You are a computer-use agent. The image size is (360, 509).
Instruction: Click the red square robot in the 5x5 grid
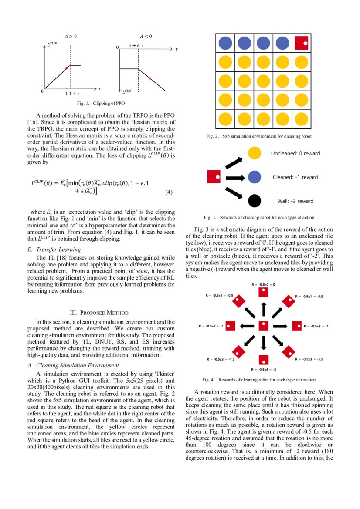(x=302, y=43)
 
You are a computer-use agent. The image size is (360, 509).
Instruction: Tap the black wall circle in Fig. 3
(x=254, y=201)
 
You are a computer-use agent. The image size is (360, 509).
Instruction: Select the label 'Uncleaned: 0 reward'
(x=295, y=153)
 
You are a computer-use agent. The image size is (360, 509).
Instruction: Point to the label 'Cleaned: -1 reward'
(x=295, y=177)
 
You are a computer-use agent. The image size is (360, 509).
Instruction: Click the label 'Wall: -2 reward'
(x=295, y=201)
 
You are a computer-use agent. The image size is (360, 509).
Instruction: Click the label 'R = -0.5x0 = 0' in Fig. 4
(x=263, y=284)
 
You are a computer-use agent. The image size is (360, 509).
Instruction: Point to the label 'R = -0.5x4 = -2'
(x=263, y=369)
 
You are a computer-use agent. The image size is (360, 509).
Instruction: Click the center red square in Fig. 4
(x=263, y=326)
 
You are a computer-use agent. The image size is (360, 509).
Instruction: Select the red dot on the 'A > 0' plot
(x=66, y=68)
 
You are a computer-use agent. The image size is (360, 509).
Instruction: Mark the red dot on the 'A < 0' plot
(x=149, y=78)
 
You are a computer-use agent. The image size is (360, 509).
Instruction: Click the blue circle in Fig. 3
(x=254, y=177)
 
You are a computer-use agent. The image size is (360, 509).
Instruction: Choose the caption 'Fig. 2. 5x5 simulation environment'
(x=259, y=136)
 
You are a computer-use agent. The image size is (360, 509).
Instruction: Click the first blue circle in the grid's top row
(x=225, y=43)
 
